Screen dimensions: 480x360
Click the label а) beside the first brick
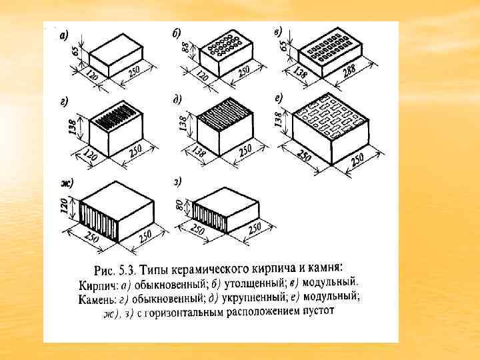(62, 35)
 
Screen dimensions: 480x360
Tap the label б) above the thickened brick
(176, 33)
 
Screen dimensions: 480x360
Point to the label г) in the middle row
(63, 101)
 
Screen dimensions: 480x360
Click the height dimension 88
(185, 50)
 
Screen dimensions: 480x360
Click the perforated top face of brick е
(331, 114)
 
